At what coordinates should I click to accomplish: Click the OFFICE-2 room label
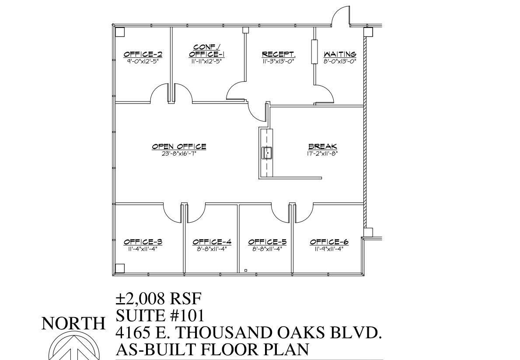(x=143, y=54)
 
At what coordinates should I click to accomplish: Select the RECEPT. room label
(x=279, y=54)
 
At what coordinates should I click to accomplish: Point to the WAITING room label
(x=340, y=54)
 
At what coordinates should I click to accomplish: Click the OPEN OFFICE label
(x=179, y=147)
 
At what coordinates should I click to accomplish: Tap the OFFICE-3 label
(x=143, y=241)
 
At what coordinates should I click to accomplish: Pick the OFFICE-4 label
(x=212, y=241)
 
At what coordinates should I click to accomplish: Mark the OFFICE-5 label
(x=267, y=241)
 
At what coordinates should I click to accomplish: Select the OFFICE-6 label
(x=329, y=241)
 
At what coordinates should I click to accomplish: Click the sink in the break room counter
(x=267, y=153)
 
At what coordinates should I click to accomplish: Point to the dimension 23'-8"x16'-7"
(x=179, y=154)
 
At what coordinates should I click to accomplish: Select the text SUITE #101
(x=160, y=315)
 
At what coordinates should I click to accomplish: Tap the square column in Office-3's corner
(x=119, y=268)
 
